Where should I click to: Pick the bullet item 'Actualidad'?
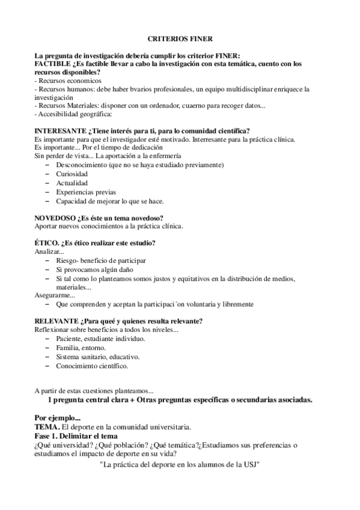point(72,183)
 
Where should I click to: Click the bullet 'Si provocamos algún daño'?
point(94,269)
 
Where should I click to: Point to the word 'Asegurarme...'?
point(55,295)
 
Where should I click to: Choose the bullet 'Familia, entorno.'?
point(81,348)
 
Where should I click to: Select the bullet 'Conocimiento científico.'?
point(92,365)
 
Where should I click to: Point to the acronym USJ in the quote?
point(250,464)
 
